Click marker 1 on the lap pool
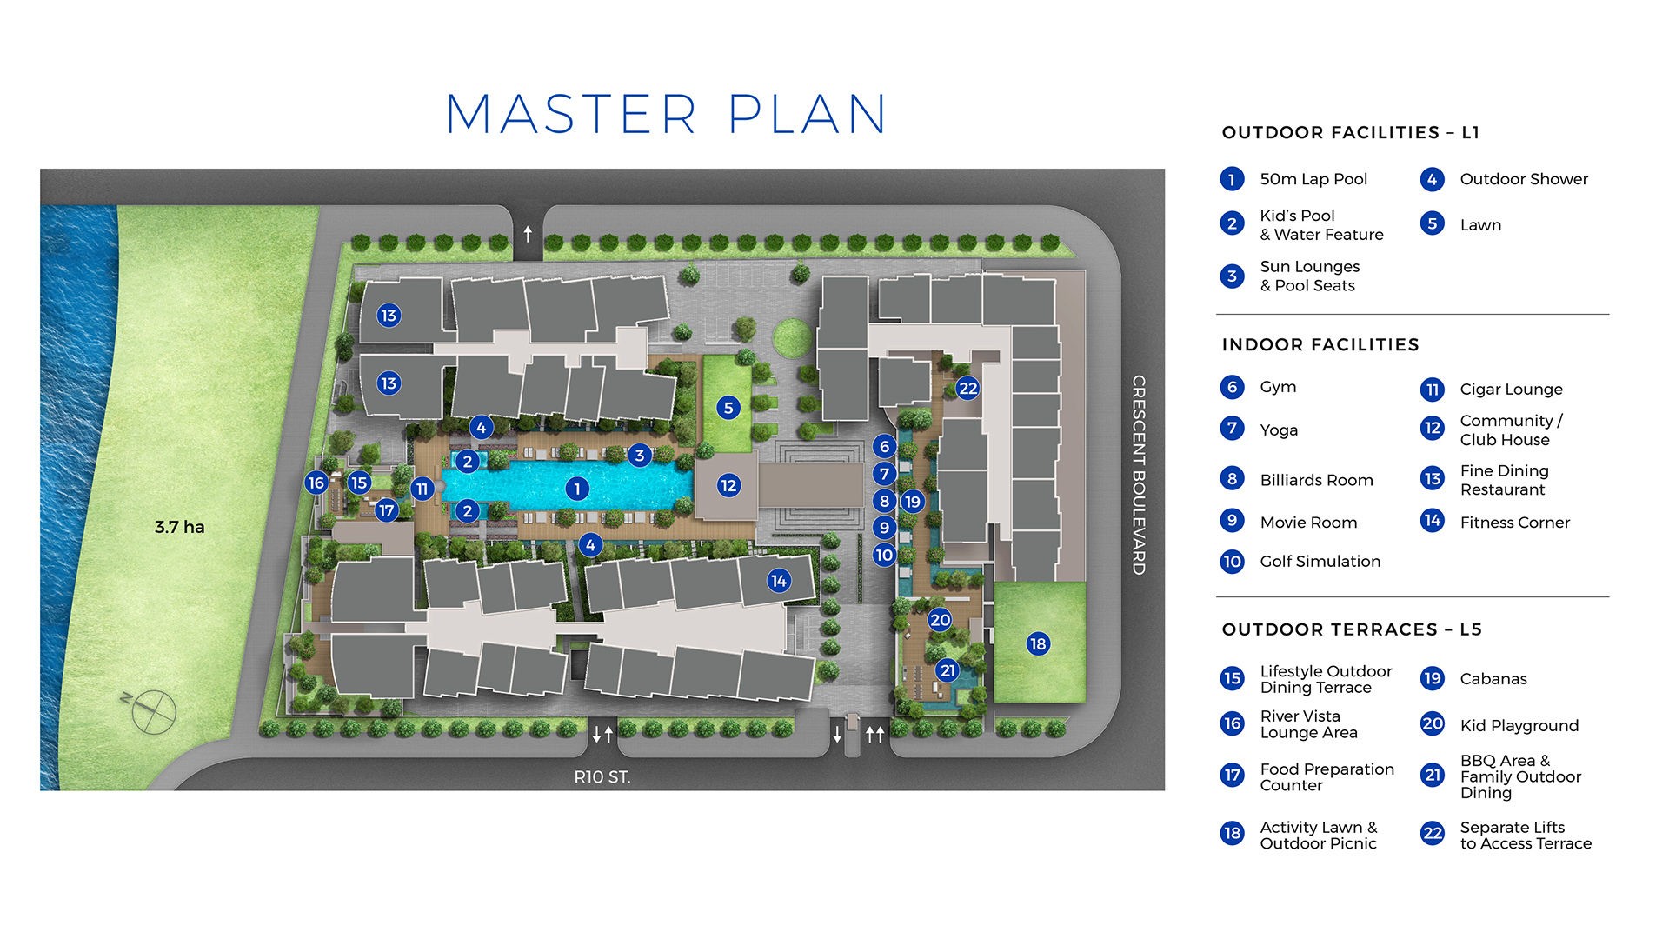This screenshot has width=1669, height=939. point(576,489)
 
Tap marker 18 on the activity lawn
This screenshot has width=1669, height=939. point(1037,643)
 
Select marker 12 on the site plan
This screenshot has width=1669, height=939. point(728,486)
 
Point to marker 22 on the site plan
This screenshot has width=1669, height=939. point(967,389)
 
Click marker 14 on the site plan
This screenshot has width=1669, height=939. point(779,581)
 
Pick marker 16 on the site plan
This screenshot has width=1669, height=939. point(316,483)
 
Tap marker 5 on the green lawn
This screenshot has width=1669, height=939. point(728,408)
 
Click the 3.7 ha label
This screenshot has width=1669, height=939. point(179,527)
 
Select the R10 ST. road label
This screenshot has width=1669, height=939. point(602,777)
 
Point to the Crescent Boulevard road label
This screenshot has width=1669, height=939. point(1138,475)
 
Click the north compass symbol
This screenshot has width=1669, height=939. point(153,710)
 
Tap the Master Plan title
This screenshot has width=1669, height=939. point(666,114)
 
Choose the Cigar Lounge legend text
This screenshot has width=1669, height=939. point(1511,390)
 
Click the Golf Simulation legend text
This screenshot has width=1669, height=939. point(1320,562)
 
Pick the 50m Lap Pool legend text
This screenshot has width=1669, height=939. point(1313,179)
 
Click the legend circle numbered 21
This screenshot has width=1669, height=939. point(1432,775)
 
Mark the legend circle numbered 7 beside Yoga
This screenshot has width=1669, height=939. point(1232,429)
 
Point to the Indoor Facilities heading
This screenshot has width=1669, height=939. point(1320,345)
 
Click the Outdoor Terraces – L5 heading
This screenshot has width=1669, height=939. point(1351,629)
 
